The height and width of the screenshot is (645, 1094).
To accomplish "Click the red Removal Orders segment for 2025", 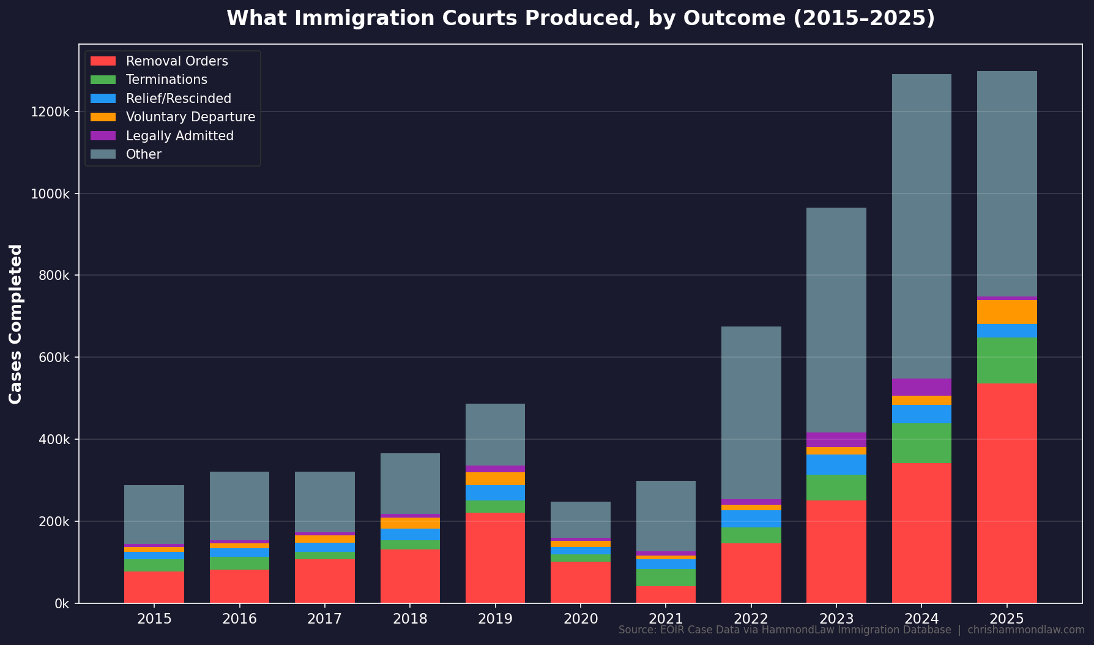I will click(x=1007, y=493).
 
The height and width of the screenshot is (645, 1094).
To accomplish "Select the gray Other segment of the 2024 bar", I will click(x=921, y=227).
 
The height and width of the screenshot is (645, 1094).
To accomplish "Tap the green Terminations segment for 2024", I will click(x=921, y=443).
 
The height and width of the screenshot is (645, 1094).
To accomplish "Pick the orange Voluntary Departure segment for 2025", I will click(x=1007, y=312).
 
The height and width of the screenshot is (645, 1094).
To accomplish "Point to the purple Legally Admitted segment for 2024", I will click(x=921, y=387).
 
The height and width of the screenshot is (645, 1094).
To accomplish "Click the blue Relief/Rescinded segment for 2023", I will click(x=836, y=464).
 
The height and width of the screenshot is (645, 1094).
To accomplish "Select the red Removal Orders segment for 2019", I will click(x=495, y=558).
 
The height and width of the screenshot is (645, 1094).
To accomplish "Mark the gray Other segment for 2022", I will click(x=751, y=413).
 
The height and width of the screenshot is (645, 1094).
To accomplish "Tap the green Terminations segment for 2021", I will click(x=666, y=578).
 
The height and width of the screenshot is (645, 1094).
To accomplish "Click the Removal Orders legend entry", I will click(x=177, y=61).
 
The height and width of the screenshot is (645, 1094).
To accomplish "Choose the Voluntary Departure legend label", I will click(x=190, y=117).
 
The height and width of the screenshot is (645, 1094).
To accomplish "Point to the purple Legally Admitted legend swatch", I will click(x=103, y=136).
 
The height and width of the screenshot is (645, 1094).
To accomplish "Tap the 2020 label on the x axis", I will click(x=581, y=619).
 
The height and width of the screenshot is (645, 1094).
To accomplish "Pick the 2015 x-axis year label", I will click(x=154, y=619).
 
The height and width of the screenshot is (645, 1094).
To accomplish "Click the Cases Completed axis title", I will click(x=16, y=323).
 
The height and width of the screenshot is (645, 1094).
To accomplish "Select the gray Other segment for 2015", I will click(x=154, y=515).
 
